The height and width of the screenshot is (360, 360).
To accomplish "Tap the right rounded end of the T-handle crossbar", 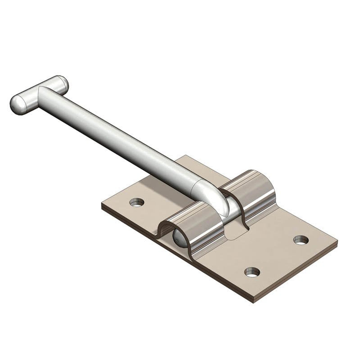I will tap(62, 82).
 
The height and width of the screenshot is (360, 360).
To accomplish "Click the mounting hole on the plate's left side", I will tap(137, 202).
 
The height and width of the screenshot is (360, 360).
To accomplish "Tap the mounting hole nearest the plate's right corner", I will tap(301, 240).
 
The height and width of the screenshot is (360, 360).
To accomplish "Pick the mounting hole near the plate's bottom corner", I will tap(252, 272).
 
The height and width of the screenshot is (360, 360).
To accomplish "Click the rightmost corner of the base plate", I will tap(337, 242).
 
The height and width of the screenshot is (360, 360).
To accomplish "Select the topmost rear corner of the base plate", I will tap(186, 156).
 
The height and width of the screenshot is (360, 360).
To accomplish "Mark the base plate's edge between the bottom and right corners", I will tap(295, 273).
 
